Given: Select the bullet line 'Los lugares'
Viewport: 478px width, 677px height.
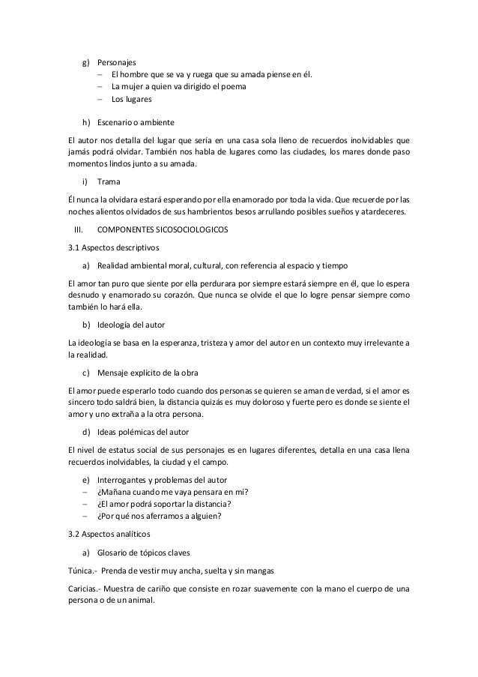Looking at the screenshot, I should (x=131, y=99).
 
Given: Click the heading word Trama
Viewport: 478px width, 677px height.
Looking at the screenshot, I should (x=109, y=182).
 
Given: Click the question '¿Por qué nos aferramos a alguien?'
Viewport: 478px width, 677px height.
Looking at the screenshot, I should (x=165, y=516).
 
